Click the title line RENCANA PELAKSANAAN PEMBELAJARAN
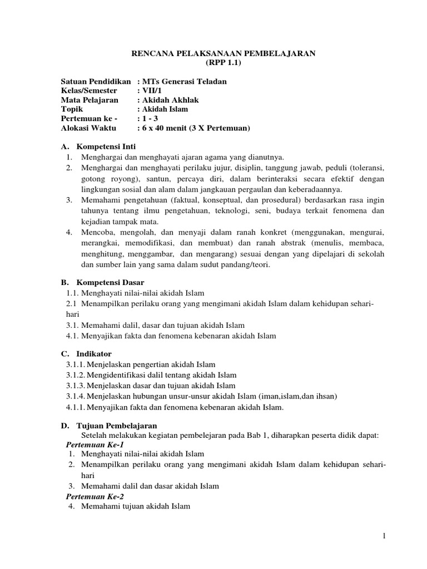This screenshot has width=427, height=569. (x=223, y=53)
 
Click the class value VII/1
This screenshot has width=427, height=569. (x=152, y=91)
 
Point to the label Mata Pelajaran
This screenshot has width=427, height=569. (x=90, y=100)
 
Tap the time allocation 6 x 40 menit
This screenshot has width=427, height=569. (x=169, y=128)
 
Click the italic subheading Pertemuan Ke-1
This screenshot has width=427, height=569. (x=95, y=445)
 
